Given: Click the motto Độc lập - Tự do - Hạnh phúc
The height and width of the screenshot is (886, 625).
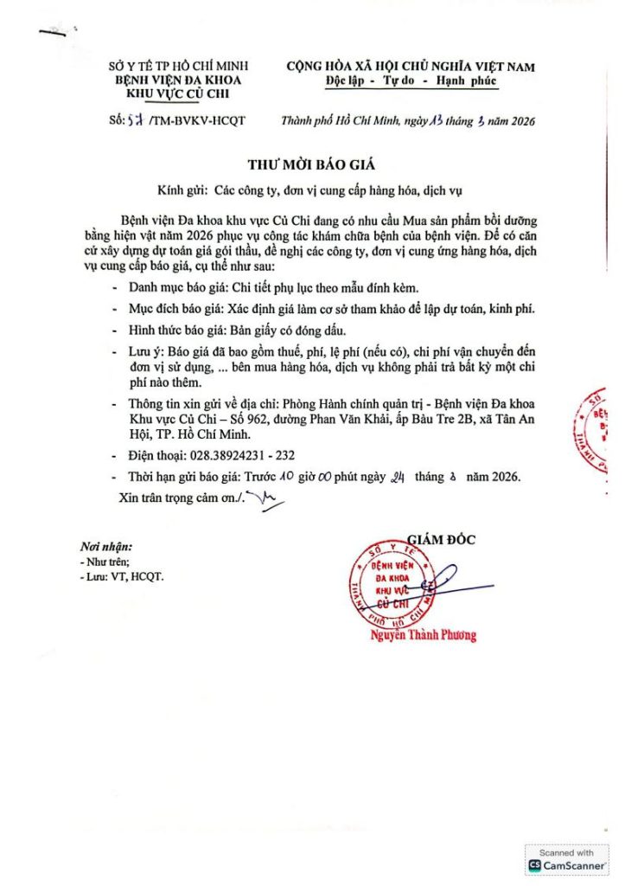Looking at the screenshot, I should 411,80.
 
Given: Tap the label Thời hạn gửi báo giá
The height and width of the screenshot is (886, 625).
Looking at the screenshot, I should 184,477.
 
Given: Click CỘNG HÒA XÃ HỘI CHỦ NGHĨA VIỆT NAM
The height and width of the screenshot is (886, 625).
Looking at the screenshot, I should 411,66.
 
